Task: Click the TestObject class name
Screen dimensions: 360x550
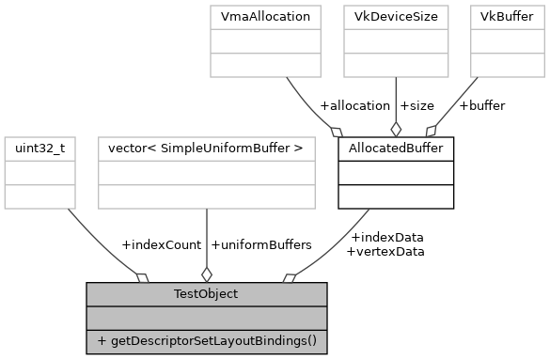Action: [207, 294]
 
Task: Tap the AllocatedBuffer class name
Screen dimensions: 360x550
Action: [396, 149]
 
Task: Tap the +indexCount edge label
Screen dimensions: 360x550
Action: [161, 244]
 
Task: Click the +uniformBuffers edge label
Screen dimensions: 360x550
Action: [261, 244]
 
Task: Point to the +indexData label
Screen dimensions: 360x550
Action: [385, 237]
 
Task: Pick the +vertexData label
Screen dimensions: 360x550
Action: [385, 251]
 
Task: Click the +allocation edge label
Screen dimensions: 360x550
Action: [354, 105]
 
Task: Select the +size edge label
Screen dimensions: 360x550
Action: [419, 105]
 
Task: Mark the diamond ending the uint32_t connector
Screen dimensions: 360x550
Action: [143, 276]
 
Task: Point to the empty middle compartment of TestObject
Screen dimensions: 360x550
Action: [207, 318]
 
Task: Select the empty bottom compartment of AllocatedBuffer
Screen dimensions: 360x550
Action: [396, 196]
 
